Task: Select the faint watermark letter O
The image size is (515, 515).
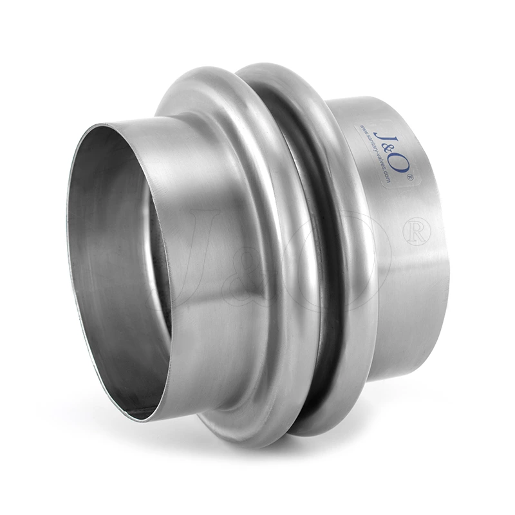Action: [x=348, y=257]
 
